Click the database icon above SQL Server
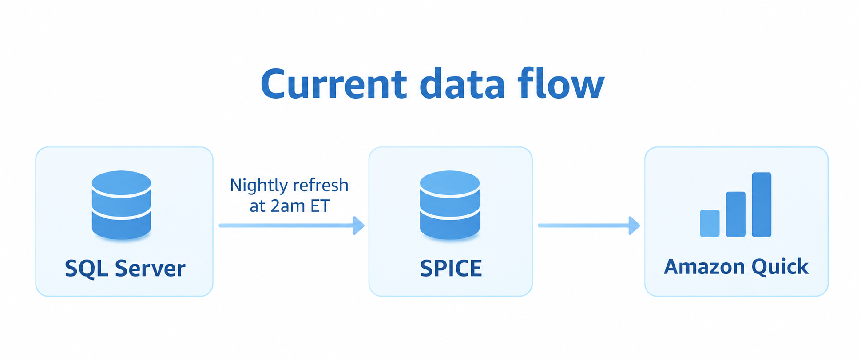[121, 205]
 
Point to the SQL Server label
[125, 269]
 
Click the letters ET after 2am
[320, 206]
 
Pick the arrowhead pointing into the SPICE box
[359, 225]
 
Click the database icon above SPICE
[450, 205]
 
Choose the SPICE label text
[451, 269]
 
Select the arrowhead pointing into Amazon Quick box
[635, 225]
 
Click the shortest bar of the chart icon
[710, 223]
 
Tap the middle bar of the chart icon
[735, 214]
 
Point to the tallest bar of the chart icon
[762, 205]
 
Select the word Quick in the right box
[780, 267]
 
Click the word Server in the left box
[150, 269]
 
